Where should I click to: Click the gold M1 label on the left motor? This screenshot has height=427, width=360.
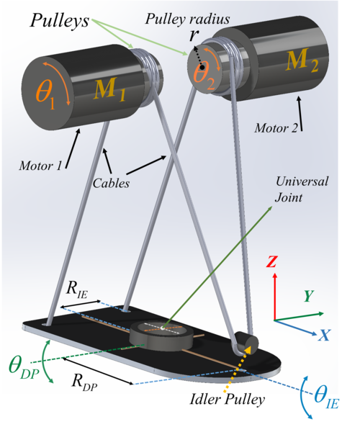tap(109, 89)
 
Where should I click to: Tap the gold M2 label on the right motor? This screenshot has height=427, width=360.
tap(302, 60)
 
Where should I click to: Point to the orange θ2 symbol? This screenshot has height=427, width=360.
tap(204, 75)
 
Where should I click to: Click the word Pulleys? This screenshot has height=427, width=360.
tap(60, 20)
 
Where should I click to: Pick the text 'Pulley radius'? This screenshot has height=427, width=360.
tap(188, 19)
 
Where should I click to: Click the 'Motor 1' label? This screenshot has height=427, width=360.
tap(40, 166)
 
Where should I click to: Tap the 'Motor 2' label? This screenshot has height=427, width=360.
tap(276, 127)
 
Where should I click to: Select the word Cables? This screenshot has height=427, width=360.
tap(111, 183)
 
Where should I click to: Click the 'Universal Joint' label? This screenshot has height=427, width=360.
tap(302, 189)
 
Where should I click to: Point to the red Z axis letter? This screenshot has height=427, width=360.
tap(271, 261)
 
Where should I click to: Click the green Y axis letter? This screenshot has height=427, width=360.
tap(309, 296)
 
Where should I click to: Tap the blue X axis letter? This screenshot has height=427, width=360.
tap(324, 336)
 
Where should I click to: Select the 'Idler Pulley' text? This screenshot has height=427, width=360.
tap(227, 400)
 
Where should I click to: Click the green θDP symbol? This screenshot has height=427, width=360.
tap(24, 368)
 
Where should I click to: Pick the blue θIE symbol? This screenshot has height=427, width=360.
tap(326, 398)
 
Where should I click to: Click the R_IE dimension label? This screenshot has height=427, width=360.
tap(77, 290)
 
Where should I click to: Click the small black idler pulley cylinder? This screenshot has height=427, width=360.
tap(246, 342)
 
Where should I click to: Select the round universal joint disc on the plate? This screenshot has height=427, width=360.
tap(162, 336)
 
